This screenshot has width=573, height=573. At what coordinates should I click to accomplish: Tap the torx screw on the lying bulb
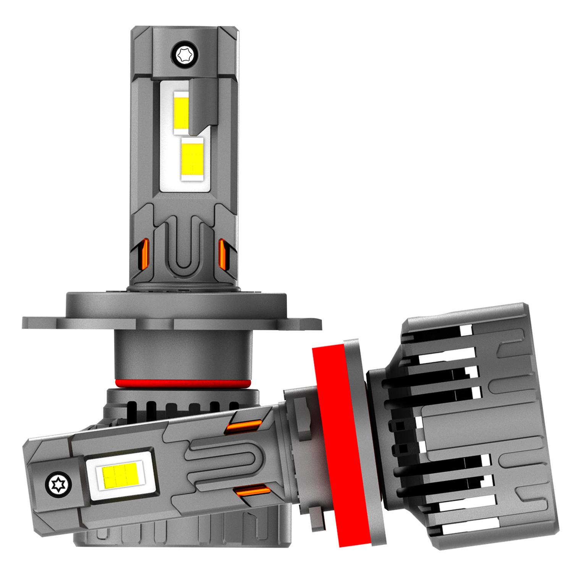point(59,485)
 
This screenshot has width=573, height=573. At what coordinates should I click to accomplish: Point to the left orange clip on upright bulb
point(145,254)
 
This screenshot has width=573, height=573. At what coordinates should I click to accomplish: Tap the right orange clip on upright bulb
point(222,254)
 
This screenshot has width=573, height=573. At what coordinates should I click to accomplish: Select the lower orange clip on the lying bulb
point(253,490)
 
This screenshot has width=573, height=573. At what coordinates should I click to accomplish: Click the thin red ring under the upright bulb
point(183,383)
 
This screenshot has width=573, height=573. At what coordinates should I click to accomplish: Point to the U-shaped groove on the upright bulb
point(184,248)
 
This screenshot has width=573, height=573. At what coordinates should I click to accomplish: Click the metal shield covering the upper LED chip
point(202,103)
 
